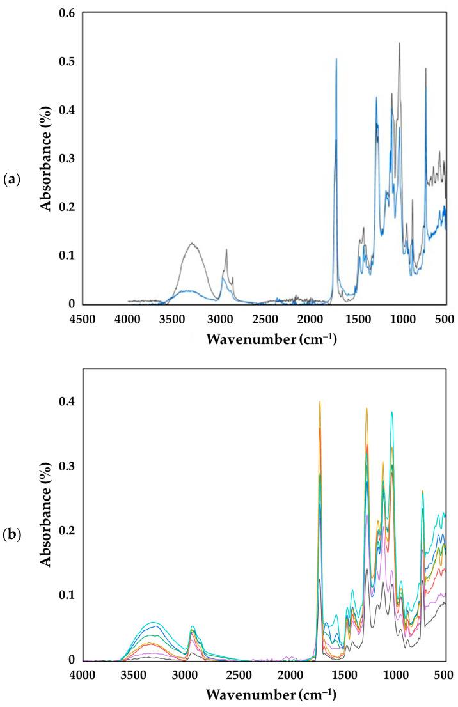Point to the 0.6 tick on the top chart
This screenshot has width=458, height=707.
click(x=67, y=13)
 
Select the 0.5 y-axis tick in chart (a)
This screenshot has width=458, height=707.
click(x=67, y=61)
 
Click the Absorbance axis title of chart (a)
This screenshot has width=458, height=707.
click(x=46, y=159)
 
